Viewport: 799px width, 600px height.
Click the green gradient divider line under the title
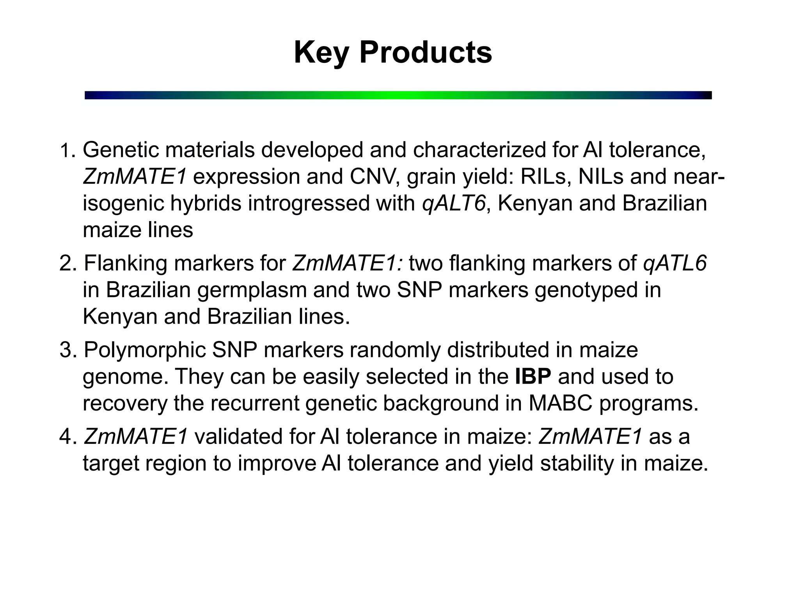[398, 95]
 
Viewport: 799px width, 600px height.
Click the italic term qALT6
[454, 204]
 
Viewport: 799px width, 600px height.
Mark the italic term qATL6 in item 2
[675, 263]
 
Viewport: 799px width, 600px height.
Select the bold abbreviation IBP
[533, 377]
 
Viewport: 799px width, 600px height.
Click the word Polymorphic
[145, 350]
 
